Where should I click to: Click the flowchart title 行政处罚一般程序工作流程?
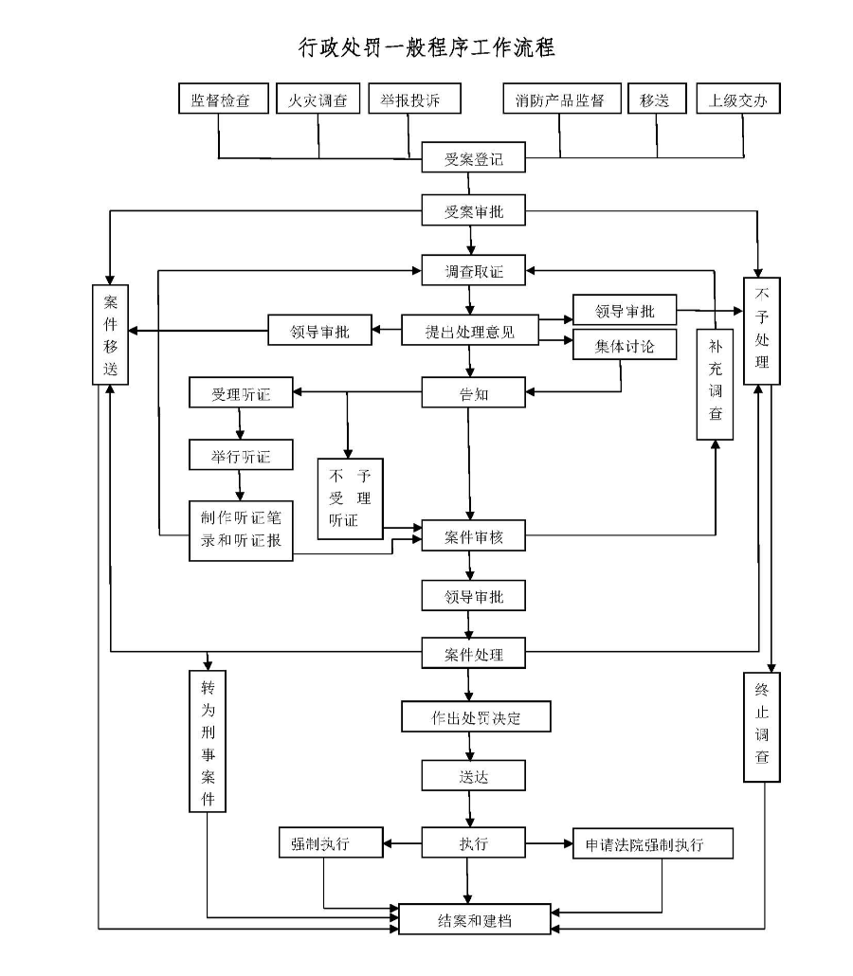pyautogui.click(x=426, y=46)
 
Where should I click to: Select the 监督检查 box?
pyautogui.click(x=220, y=99)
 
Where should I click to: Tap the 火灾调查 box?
pyautogui.click(x=318, y=99)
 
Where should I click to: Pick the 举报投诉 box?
pyautogui.click(x=414, y=99)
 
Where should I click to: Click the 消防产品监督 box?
pyautogui.click(x=561, y=99)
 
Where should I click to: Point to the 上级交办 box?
pyautogui.click(x=738, y=99)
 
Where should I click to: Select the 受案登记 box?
pyautogui.click(x=473, y=159)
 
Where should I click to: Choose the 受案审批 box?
pyautogui.click(x=473, y=211)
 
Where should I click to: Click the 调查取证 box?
pyautogui.click(x=473, y=272)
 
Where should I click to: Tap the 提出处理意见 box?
pyautogui.click(x=470, y=332)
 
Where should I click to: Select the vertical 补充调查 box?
pyautogui.click(x=716, y=384)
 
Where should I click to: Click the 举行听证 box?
pyautogui.click(x=241, y=456)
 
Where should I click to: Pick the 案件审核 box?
pyautogui.click(x=473, y=536)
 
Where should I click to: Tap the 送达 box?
pyautogui.click(x=473, y=776)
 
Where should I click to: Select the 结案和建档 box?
pyautogui.click(x=474, y=919)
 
